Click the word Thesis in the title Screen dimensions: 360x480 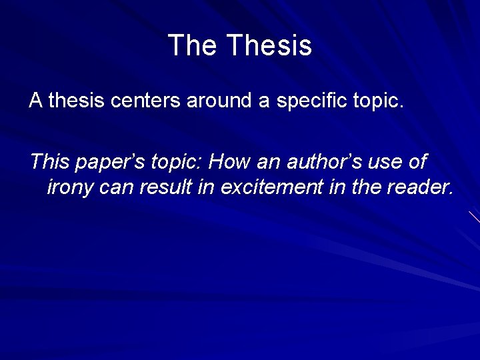[269, 45]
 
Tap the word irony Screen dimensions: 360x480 [70, 189]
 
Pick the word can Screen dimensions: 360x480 [117, 189]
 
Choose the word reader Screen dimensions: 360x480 [421, 188]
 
